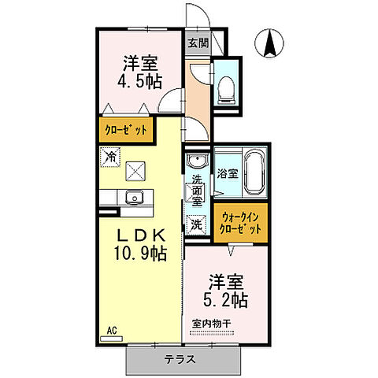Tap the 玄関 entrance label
(x=197, y=43)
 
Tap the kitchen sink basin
(x=132, y=197)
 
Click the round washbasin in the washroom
(x=196, y=162)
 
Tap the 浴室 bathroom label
(x=228, y=174)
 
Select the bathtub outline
(x=254, y=174)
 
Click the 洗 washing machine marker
(x=195, y=223)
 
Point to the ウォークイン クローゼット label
(x=240, y=222)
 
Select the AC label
(x=110, y=331)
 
